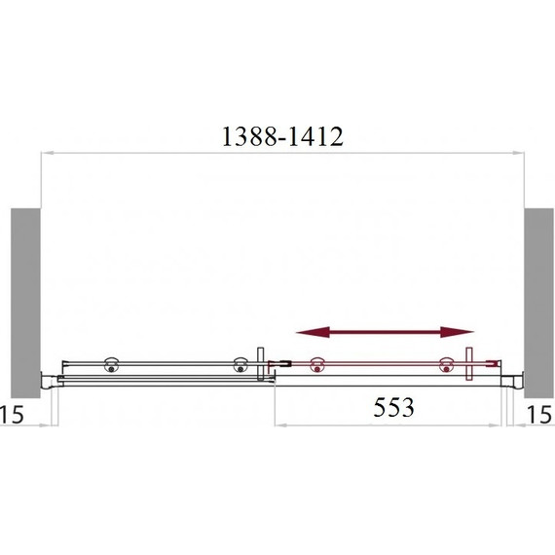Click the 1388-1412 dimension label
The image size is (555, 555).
tap(282, 136)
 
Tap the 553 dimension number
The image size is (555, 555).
tap(393, 407)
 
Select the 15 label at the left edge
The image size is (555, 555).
tap(12, 414)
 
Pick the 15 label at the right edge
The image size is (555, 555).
tap(539, 414)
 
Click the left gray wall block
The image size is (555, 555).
tap(25, 303)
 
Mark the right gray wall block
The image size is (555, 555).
tap(538, 303)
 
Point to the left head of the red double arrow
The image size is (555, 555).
tap(313, 332)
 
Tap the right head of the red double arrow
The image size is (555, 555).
tap(457, 332)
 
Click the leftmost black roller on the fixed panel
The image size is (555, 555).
tap(112, 365)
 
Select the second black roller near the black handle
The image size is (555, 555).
tap(240, 365)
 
